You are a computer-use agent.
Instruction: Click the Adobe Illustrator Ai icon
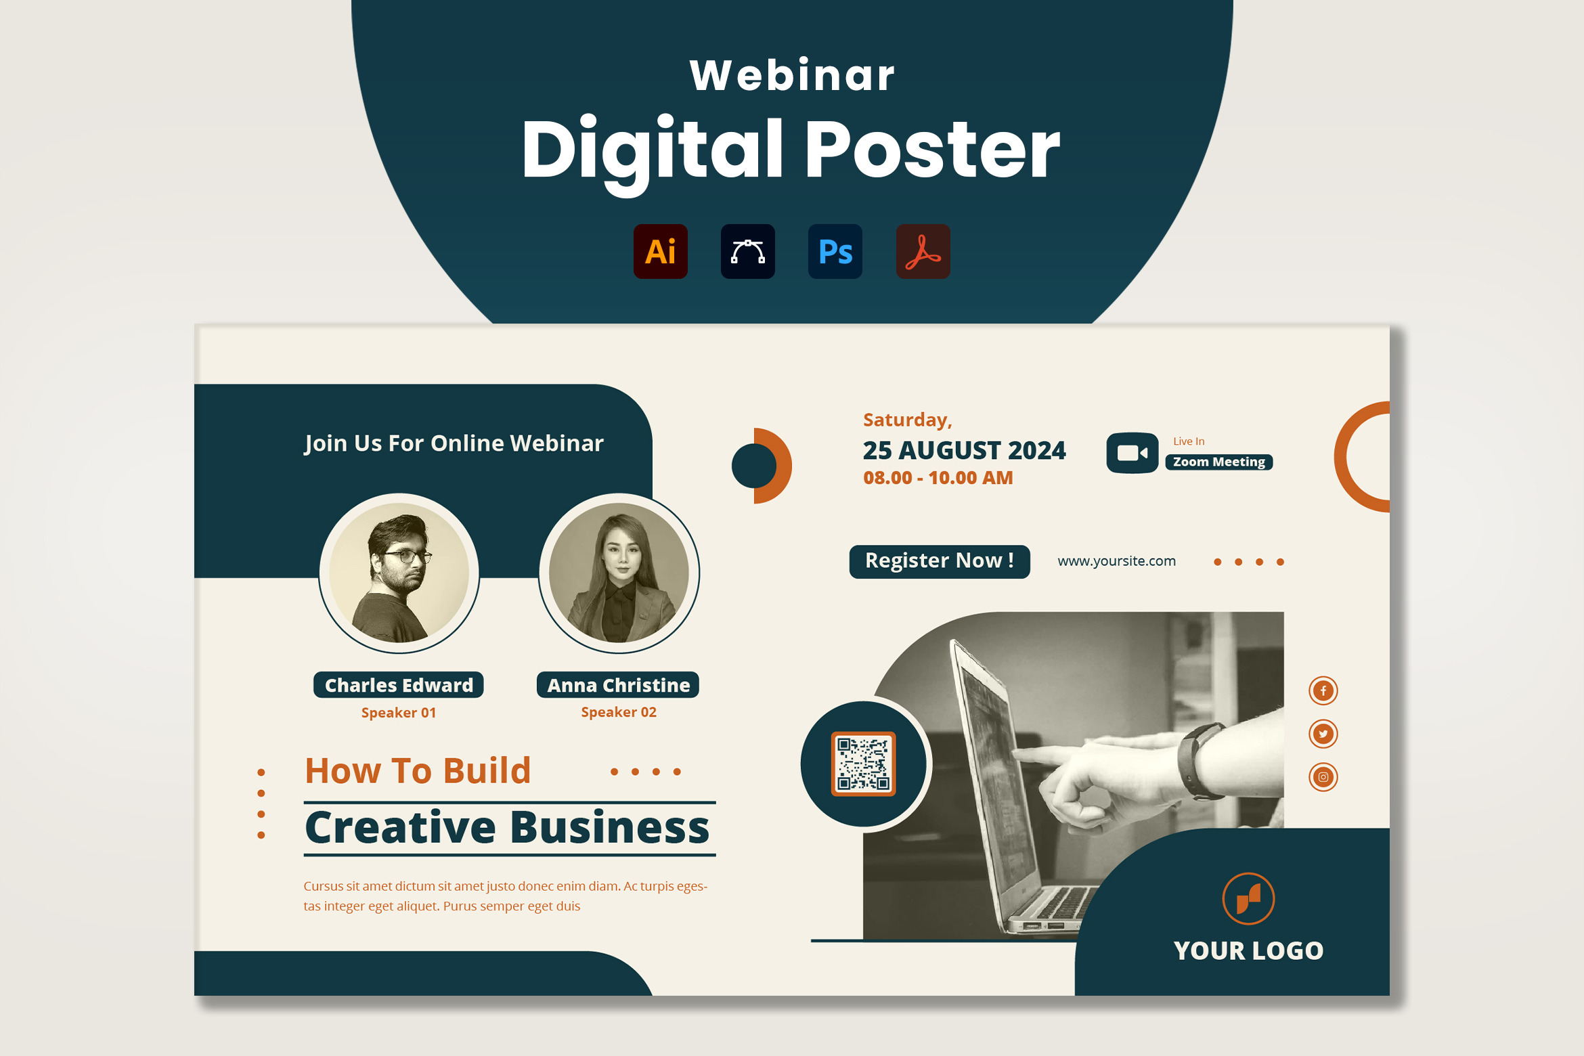tap(660, 251)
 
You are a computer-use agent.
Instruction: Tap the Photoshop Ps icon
tap(835, 251)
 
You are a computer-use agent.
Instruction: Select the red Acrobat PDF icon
tap(923, 251)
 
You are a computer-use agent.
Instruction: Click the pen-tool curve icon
tap(747, 251)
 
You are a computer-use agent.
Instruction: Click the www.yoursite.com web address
tap(1116, 561)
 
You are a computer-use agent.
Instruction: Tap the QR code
tap(863, 764)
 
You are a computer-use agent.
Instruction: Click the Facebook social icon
tap(1323, 690)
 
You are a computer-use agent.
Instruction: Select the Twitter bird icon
tap(1323, 734)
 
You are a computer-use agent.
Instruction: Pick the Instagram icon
tap(1323, 776)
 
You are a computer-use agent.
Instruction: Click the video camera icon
tap(1132, 453)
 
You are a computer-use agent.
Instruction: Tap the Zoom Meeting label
tap(1218, 462)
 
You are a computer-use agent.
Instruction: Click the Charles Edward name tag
tap(398, 685)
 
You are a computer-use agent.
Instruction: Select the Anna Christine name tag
tap(618, 685)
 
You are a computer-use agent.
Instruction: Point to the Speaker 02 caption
tap(618, 712)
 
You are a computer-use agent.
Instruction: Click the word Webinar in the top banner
tap(792, 74)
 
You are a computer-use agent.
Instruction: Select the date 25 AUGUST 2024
tap(964, 450)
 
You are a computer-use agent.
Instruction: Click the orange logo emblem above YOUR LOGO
tap(1248, 899)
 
